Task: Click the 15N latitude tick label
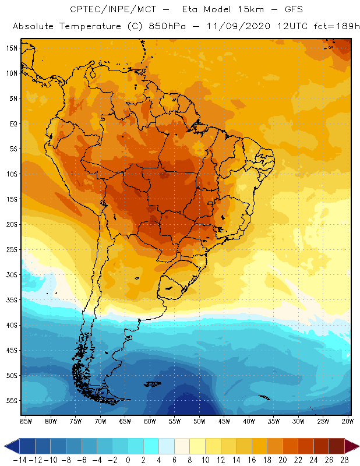coord(12,48)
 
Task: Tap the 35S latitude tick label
coord(12,300)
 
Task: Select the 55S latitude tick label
coord(12,401)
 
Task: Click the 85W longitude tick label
coord(26,421)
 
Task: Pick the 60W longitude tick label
coord(150,421)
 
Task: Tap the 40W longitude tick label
coord(249,421)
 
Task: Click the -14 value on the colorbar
coord(19,460)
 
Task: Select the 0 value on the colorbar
coord(128,460)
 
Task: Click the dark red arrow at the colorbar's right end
coord(352,446)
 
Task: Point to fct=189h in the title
coord(329,27)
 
